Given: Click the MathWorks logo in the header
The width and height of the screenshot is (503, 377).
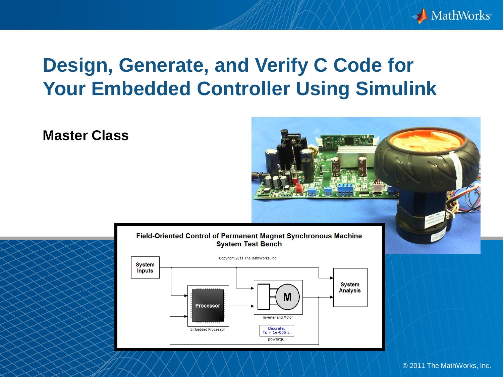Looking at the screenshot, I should [x=451, y=15].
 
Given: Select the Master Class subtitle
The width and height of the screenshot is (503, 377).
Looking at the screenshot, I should [x=86, y=135].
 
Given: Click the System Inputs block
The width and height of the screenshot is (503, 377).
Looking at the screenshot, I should [x=145, y=267].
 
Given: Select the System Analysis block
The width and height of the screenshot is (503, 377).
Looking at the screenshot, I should [x=350, y=288].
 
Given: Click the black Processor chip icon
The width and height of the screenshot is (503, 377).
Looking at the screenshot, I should [x=208, y=305].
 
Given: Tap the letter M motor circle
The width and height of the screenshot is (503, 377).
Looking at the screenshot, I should [x=287, y=297].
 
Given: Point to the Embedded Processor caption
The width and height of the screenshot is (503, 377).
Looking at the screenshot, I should [x=208, y=329].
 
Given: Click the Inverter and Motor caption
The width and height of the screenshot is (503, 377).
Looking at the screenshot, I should [x=278, y=317].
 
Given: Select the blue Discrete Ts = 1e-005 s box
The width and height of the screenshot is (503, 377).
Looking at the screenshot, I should [x=277, y=330].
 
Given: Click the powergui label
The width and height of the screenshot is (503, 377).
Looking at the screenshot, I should [x=277, y=339].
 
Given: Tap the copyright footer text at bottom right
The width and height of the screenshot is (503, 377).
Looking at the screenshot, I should [x=446, y=366].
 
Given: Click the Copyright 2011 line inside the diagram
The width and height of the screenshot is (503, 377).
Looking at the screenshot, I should [x=248, y=258].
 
